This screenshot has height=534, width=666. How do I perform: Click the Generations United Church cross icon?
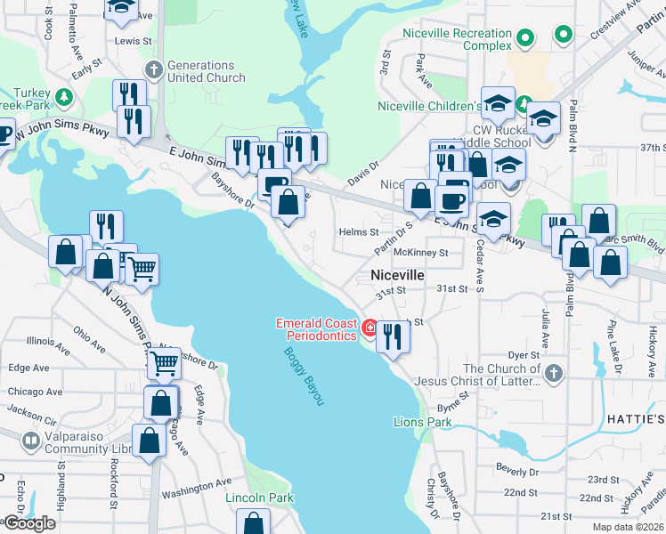[x=154, y=69]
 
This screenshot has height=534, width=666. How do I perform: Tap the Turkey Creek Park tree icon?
[x=63, y=96]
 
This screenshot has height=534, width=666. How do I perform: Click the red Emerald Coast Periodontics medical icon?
[x=370, y=328]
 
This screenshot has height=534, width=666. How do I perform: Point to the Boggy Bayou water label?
[x=302, y=376]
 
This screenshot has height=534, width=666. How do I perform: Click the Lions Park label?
[x=423, y=422]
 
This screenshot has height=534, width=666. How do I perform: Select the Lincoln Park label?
[x=259, y=498]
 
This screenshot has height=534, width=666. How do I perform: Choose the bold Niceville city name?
[x=397, y=276]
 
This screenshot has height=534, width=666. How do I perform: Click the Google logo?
[x=28, y=523]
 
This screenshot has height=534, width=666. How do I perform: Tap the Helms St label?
[x=359, y=232]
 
